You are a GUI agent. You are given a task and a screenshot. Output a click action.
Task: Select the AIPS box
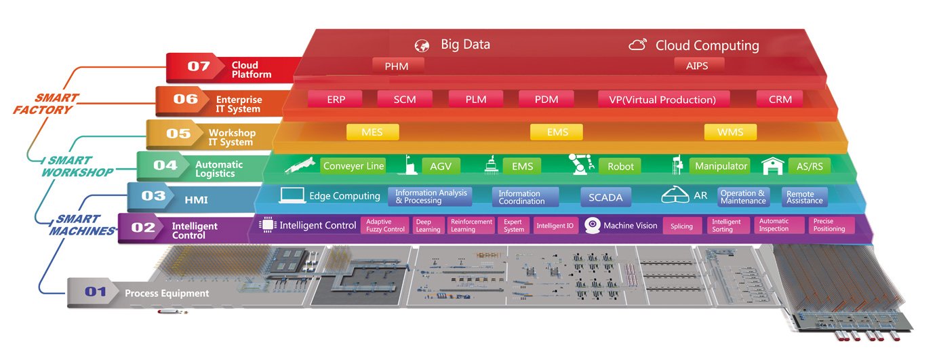click(700, 65)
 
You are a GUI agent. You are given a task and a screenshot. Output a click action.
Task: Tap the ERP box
click(336, 99)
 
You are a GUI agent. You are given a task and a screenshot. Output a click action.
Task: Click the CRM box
click(779, 99)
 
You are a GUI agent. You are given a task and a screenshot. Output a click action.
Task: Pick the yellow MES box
click(372, 132)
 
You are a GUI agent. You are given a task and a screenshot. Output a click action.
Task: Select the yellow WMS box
click(730, 132)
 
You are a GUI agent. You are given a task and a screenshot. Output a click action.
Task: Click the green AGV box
click(440, 166)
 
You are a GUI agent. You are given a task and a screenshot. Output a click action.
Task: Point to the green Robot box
click(620, 166)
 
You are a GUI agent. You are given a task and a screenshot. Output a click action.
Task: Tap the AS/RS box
click(809, 166)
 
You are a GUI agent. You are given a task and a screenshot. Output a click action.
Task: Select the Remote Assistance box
click(805, 197)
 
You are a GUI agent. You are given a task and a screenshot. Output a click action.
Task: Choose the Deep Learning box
click(428, 225)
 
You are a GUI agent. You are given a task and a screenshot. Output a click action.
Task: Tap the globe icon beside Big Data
click(422, 46)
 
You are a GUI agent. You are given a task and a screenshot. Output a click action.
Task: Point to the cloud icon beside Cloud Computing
click(637, 45)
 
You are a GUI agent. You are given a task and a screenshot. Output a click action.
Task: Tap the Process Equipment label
click(167, 294)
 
